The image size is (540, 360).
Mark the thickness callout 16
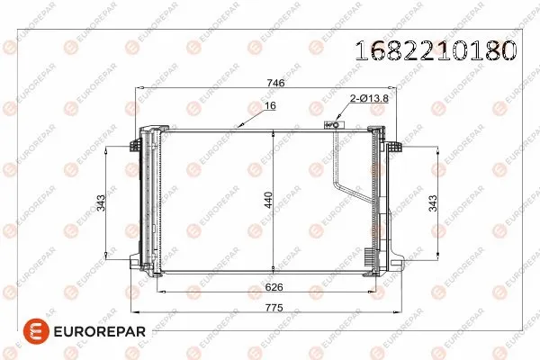coord(269,106)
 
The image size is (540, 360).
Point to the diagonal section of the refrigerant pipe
coord(349,194)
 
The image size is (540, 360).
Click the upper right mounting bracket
coord(394,144)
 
